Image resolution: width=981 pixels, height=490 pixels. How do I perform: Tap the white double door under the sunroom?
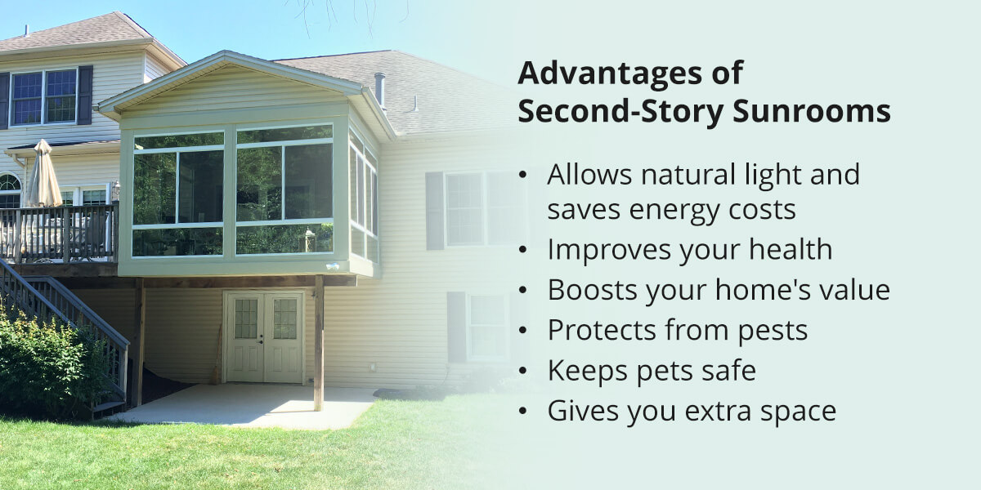tap(263, 336)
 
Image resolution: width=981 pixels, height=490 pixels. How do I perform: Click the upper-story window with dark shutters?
tap(44, 97)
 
